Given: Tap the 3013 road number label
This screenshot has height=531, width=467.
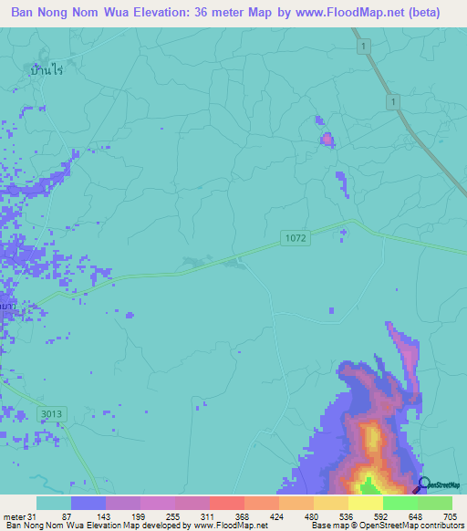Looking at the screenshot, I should (52, 414).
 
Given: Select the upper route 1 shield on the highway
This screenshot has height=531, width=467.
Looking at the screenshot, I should (362, 45).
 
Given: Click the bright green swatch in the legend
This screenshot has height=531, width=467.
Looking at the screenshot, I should (400, 503).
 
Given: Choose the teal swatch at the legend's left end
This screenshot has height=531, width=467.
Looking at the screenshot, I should (54, 503).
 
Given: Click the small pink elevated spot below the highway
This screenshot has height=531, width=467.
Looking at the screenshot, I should (327, 139).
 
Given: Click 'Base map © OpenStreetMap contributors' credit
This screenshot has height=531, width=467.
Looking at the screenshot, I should (386, 526).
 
